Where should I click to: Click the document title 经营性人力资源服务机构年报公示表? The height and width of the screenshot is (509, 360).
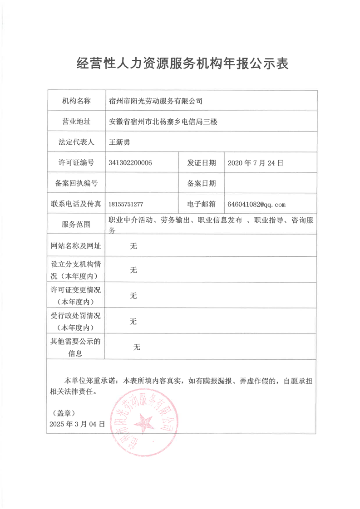(x=182, y=64)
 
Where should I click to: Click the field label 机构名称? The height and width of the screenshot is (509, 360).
(x=76, y=101)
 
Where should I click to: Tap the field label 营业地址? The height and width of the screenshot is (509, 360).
(x=76, y=122)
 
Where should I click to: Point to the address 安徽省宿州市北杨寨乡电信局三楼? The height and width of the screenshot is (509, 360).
(x=164, y=122)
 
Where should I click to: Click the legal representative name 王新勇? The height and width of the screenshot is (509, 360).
(x=120, y=142)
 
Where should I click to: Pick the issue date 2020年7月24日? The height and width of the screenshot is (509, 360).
(x=256, y=163)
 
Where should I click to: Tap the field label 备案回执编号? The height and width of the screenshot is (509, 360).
(x=76, y=183)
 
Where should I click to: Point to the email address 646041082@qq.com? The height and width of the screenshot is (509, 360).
(x=256, y=205)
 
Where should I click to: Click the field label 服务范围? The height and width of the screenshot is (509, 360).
(x=76, y=225)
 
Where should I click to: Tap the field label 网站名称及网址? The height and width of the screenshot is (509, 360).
(x=76, y=246)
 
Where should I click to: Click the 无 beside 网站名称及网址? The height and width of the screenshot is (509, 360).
(x=133, y=246)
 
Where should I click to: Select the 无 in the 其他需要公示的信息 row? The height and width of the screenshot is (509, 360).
(x=137, y=347)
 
